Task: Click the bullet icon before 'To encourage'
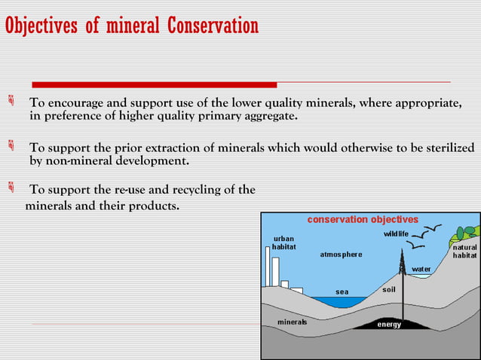tap(11, 102)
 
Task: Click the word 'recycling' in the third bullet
tap(205, 190)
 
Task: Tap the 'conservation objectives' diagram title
tap(362, 219)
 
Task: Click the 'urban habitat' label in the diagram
tap(284, 243)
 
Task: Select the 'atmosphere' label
tap(341, 255)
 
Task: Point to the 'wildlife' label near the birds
tap(396, 234)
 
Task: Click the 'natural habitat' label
tap(464, 252)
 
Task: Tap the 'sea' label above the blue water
tap(342, 291)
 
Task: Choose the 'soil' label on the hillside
tap(389, 288)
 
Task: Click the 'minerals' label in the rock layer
tap(293, 322)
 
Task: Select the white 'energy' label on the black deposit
tap(389, 325)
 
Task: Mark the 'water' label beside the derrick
tap(421, 269)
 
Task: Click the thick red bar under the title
tap(155, 84)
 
